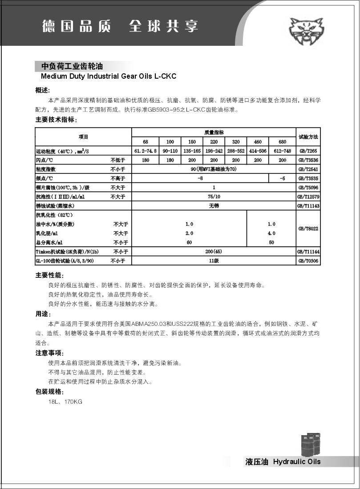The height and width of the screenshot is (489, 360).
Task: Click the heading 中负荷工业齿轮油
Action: pyautogui.click(x=72, y=66)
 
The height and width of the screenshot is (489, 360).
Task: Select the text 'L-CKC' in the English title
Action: pyautogui.click(x=166, y=76)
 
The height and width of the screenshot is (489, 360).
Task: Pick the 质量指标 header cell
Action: pyautogui.click(x=214, y=132)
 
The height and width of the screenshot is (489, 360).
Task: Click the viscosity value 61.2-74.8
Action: pyautogui.click(x=146, y=151)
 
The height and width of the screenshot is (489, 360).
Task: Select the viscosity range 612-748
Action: pyautogui.click(x=283, y=151)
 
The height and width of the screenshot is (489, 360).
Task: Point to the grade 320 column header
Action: pyautogui.click(x=236, y=142)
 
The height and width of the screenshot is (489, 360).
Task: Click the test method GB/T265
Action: pyautogui.click(x=308, y=151)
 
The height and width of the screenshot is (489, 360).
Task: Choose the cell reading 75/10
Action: pyautogui.click(x=214, y=196)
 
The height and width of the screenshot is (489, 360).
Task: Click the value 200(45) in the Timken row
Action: pyautogui.click(x=214, y=252)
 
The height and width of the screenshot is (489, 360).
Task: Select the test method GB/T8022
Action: pyautogui.click(x=308, y=228)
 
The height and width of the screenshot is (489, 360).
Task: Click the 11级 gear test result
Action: pyautogui.click(x=214, y=261)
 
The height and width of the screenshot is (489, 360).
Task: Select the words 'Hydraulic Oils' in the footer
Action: pyautogui.click(x=297, y=462)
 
